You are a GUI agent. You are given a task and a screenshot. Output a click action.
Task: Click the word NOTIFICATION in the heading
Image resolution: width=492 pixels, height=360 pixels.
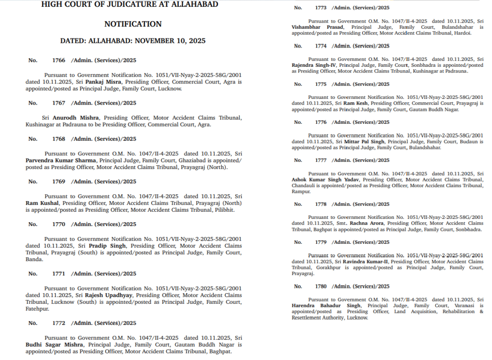click(x=133, y=24)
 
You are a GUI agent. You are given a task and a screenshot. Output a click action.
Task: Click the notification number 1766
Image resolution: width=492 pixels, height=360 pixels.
click(x=58, y=60)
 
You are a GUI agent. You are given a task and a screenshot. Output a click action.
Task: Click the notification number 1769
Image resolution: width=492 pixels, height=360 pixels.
click(x=58, y=181)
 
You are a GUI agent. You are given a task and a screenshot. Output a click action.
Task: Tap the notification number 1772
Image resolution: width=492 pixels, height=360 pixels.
click(x=58, y=323)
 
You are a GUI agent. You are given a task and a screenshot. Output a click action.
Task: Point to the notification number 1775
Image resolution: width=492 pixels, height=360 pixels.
click(x=321, y=84)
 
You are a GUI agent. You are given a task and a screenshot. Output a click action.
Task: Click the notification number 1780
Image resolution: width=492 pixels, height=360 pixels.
click(x=321, y=287)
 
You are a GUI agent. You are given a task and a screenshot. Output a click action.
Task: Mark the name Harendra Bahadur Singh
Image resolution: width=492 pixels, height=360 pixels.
click(x=326, y=306)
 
